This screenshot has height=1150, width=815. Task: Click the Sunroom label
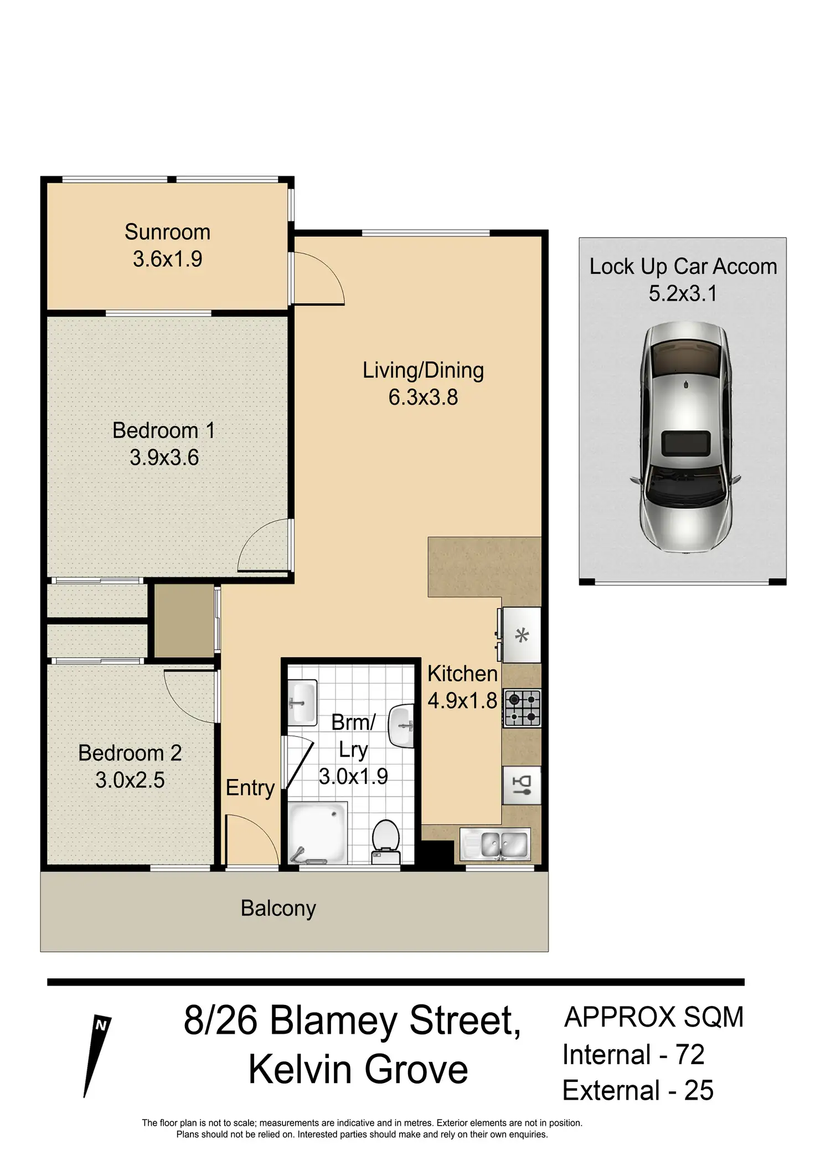pyautogui.click(x=167, y=232)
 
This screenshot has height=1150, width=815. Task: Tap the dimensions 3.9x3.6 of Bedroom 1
pyautogui.click(x=164, y=458)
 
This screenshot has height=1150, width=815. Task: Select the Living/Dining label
pyautogui.click(x=423, y=370)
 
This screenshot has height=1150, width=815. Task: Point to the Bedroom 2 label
pyautogui.click(x=130, y=753)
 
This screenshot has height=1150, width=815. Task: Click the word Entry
pyautogui.click(x=250, y=788)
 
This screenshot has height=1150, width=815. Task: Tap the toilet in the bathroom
pyautogui.click(x=385, y=841)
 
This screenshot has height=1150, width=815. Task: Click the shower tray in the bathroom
pyautogui.click(x=317, y=832)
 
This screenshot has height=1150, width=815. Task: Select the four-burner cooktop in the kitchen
pyautogui.click(x=522, y=708)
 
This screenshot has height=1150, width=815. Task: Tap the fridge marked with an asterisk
pyautogui.click(x=521, y=635)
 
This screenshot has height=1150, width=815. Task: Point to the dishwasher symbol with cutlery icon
pyautogui.click(x=522, y=785)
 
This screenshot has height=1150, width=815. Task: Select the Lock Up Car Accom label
pyautogui.click(x=683, y=267)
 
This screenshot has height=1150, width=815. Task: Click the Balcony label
pyautogui.click(x=278, y=909)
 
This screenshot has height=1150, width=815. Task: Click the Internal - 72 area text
pyautogui.click(x=633, y=1055)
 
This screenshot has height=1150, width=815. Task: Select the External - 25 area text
pyautogui.click(x=637, y=1091)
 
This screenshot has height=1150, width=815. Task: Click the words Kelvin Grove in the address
pyautogui.click(x=358, y=1070)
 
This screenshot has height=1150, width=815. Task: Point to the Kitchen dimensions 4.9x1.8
pyautogui.click(x=462, y=701)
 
